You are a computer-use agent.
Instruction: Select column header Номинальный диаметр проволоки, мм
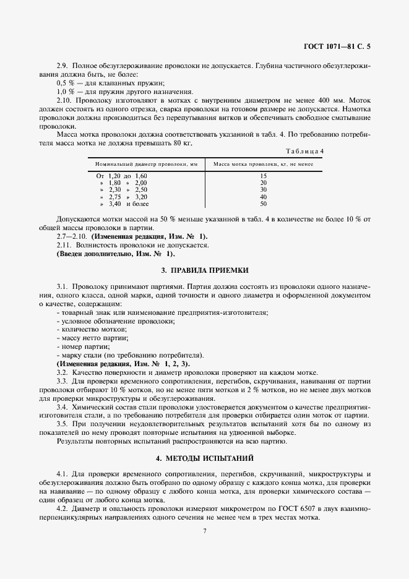[x=146, y=165]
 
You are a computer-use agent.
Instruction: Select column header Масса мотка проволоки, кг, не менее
[x=263, y=165]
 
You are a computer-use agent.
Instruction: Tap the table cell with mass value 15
[x=263, y=176]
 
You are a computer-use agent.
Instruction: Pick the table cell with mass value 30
[x=263, y=190]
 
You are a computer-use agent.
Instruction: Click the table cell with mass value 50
[x=263, y=204]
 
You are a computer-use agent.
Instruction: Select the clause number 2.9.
[x=62, y=66]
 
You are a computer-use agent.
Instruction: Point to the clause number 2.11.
[x=64, y=245]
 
